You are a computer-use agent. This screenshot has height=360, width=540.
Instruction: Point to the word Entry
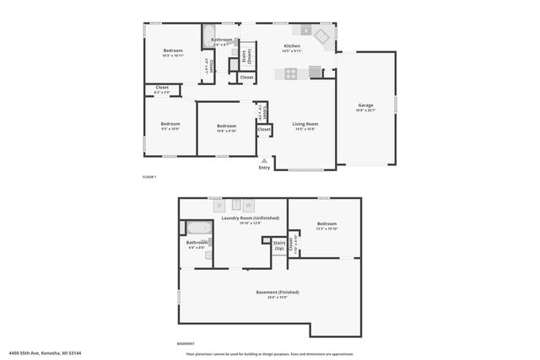(265, 167)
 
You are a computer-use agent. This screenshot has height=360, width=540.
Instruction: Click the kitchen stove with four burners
(291, 73)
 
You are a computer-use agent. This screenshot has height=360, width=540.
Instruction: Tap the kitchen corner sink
(321, 37)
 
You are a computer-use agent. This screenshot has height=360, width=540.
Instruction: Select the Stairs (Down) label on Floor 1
(245, 56)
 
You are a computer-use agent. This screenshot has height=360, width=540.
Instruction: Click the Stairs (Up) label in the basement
(279, 245)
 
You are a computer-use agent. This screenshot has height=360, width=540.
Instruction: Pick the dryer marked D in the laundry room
(219, 205)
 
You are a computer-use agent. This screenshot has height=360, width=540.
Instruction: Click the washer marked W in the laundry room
(248, 205)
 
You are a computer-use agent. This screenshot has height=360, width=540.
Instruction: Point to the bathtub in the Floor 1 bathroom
(209, 35)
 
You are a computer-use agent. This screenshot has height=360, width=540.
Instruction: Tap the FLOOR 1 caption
(149, 176)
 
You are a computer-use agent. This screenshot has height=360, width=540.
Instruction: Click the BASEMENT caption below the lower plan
(186, 344)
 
